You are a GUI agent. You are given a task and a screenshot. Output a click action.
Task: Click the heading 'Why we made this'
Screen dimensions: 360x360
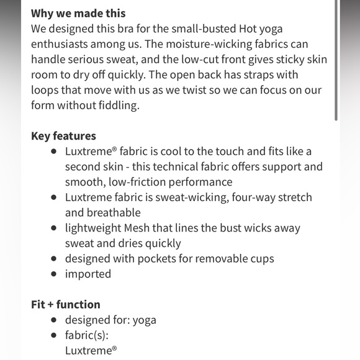(x=78, y=13)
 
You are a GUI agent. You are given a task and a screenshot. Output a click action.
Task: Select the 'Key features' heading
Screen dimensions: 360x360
(x=63, y=136)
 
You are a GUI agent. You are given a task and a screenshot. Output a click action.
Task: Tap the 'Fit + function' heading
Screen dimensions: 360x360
(x=65, y=305)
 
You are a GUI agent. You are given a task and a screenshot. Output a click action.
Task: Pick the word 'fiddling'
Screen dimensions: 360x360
(x=119, y=106)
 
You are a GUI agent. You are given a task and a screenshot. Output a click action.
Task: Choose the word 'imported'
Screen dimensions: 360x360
(x=88, y=274)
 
